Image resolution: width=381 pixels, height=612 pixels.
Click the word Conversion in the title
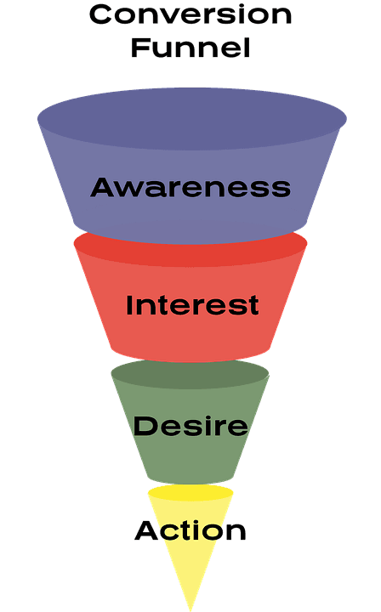click(190, 15)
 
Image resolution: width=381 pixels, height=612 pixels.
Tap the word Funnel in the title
click(190, 48)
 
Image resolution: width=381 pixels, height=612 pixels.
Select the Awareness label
click(190, 187)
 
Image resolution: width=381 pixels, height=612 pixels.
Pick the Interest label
click(192, 305)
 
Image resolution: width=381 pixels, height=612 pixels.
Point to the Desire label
click(190, 425)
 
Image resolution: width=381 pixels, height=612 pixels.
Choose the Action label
click(190, 531)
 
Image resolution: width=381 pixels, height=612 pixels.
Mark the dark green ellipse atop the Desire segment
click(190, 374)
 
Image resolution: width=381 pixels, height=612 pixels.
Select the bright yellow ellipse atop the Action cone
click(190, 493)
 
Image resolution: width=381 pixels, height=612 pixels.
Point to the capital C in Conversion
click(100, 15)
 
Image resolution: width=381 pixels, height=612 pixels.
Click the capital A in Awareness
click(103, 187)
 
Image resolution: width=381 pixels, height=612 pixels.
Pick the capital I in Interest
click(129, 305)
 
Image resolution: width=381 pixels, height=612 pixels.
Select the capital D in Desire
click(145, 425)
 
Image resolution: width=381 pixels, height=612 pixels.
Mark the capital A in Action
click(146, 531)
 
